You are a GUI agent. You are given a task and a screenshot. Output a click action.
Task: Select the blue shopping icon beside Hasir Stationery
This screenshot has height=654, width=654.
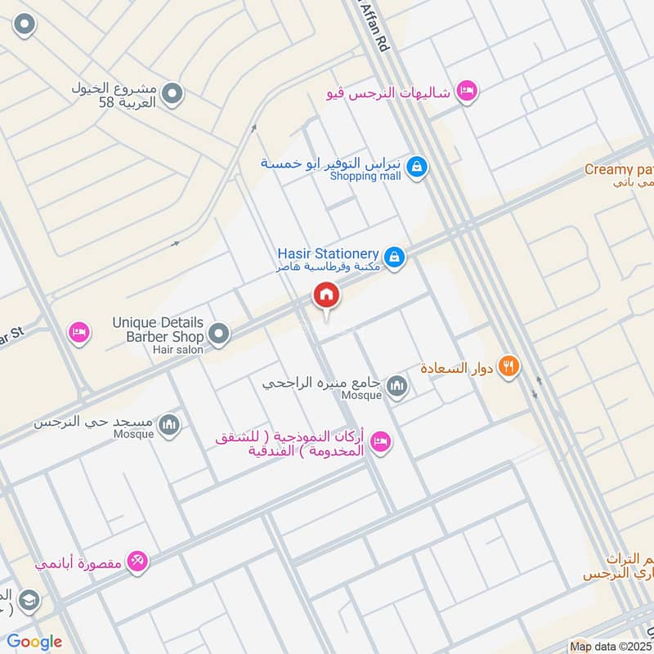394,258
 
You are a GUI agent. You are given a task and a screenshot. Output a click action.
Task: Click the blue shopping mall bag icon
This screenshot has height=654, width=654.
417,168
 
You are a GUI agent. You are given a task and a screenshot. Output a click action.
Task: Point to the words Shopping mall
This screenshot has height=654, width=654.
365,177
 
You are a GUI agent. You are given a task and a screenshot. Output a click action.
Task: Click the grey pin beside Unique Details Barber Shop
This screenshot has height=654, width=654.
218,333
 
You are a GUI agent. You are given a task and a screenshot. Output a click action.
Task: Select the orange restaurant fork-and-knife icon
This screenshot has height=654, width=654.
508,367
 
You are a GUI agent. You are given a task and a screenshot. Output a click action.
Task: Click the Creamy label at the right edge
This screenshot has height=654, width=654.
619,169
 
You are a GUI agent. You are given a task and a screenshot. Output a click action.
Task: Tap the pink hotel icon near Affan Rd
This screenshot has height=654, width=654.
466,92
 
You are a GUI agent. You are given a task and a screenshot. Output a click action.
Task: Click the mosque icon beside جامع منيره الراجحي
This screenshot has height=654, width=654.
397,385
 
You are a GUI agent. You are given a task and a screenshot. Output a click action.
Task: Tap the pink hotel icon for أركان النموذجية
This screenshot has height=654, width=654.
381,442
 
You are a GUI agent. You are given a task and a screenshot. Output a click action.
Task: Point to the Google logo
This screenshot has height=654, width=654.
34,642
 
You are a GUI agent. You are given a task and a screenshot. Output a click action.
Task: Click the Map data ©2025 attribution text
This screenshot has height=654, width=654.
611,647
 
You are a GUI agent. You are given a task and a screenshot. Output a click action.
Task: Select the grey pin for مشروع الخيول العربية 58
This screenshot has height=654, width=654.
172,96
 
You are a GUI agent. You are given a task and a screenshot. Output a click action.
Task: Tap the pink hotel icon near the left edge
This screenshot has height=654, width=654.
78,333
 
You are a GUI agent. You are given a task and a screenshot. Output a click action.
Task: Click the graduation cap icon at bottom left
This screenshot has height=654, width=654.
27,601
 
